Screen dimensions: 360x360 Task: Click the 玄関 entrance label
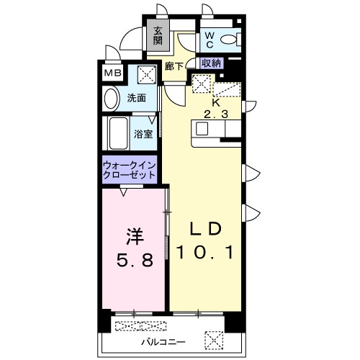[157, 35]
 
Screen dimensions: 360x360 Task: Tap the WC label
[210, 39]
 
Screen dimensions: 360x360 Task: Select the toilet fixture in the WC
[230, 40]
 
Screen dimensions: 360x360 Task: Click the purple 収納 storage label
[212, 63]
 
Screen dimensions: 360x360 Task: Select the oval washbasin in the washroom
[112, 98]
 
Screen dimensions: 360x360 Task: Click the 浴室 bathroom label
[143, 133]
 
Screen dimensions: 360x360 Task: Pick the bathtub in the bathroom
[116, 133]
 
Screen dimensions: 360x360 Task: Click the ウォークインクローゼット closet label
[130, 170]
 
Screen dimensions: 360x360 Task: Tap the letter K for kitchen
[215, 102]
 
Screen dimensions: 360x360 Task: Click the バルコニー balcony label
[162, 340]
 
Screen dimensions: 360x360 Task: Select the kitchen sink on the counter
[202, 129]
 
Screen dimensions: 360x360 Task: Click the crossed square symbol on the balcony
[214, 338]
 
